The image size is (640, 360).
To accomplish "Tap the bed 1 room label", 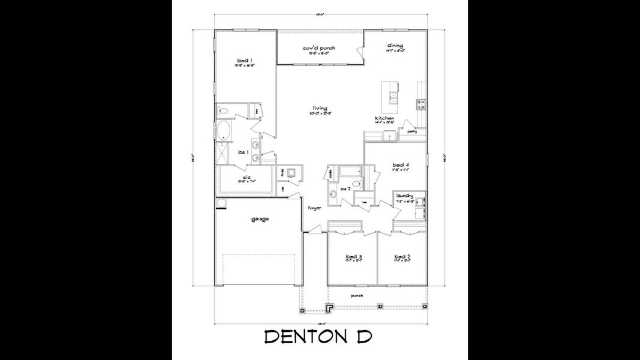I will pyautogui.click(x=244, y=60).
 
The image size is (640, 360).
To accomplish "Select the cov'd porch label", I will pyautogui.click(x=319, y=48).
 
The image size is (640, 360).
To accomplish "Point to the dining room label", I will pyautogui.click(x=395, y=46).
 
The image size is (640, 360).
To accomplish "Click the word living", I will pyautogui.click(x=320, y=108).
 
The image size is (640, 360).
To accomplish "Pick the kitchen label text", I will pyautogui.click(x=384, y=118).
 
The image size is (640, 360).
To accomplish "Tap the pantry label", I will pyautogui.click(x=411, y=130).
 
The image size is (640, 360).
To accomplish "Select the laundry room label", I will pyautogui.click(x=405, y=195).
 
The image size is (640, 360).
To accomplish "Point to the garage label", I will pyautogui.click(x=260, y=218).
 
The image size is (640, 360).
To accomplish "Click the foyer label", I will pyautogui.click(x=314, y=208).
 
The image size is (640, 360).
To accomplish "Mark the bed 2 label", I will pyautogui.click(x=402, y=256).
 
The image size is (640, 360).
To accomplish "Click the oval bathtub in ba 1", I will pyautogui.click(x=224, y=130).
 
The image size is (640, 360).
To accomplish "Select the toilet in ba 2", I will pyautogui.click(x=354, y=184).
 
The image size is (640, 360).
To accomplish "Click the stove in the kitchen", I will pyautogui.click(x=420, y=104).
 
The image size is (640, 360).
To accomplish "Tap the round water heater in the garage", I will pyautogui.click(x=221, y=203).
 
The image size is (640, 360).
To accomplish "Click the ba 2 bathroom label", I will pyautogui.click(x=344, y=189).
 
